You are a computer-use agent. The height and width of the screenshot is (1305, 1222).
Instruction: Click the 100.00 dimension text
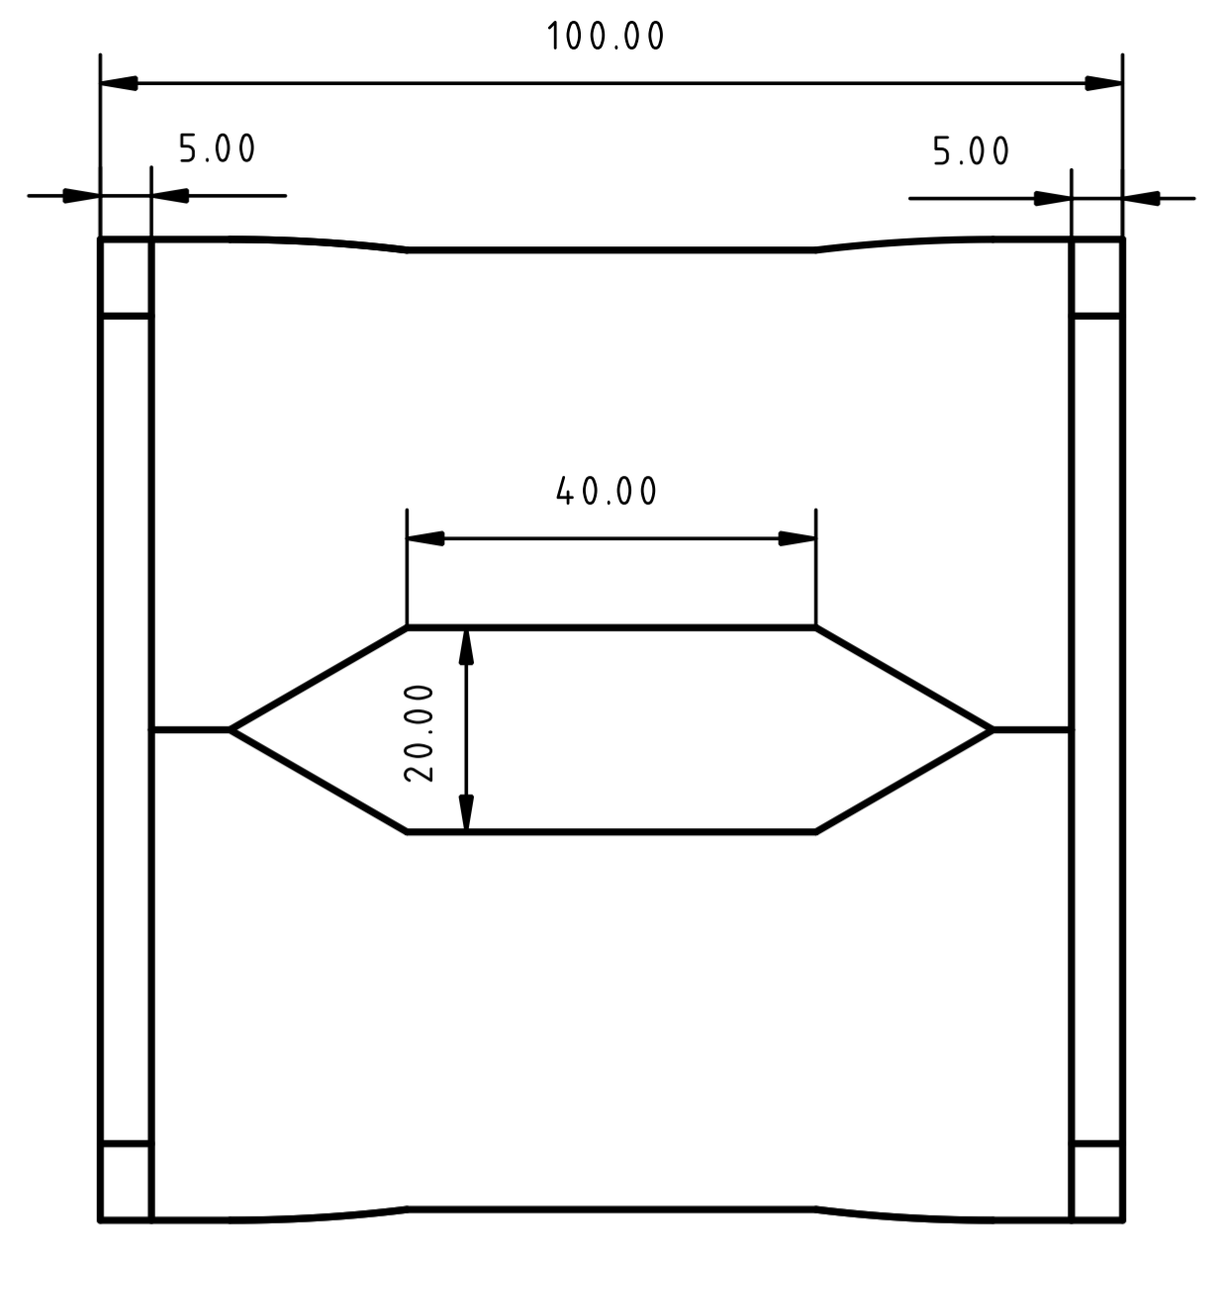pyautogui.click(x=606, y=37)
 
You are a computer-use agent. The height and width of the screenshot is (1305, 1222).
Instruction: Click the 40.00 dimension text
pyautogui.click(x=607, y=492)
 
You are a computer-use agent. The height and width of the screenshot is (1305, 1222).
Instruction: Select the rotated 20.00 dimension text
pyautogui.click(x=420, y=732)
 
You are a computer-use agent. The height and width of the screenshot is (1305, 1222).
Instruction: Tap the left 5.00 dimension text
pyautogui.click(x=217, y=149)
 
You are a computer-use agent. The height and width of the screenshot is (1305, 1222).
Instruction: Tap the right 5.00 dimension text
pyautogui.click(x=971, y=151)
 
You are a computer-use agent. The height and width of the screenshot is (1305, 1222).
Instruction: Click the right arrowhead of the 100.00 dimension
pyautogui.click(x=1104, y=83)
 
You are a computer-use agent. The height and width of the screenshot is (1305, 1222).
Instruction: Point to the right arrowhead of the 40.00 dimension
pyautogui.click(x=798, y=538)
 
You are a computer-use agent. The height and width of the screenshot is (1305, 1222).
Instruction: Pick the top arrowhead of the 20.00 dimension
pyautogui.click(x=467, y=646)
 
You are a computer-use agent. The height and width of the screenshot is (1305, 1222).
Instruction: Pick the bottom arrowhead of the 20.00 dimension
pyautogui.click(x=467, y=813)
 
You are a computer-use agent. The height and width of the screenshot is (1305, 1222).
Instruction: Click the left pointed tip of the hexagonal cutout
pyautogui.click(x=231, y=730)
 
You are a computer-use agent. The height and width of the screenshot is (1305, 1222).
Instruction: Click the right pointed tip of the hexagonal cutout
pyautogui.click(x=992, y=730)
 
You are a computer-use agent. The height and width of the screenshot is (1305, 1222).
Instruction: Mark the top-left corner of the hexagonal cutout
pyautogui.click(x=408, y=627)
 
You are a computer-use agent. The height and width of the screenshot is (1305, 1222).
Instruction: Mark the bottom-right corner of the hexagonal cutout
pyautogui.click(x=815, y=832)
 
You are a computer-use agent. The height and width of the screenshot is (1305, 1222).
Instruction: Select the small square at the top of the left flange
pyautogui.click(x=126, y=278)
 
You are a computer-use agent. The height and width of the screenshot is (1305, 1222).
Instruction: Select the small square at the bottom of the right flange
pyautogui.click(x=1097, y=1181)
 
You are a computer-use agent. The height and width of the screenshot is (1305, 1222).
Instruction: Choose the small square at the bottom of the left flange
pyautogui.click(x=126, y=1181)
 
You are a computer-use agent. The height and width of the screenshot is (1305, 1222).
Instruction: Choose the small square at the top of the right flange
pyautogui.click(x=1097, y=278)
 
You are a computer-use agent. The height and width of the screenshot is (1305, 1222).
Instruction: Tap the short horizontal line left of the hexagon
pyautogui.click(x=191, y=730)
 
